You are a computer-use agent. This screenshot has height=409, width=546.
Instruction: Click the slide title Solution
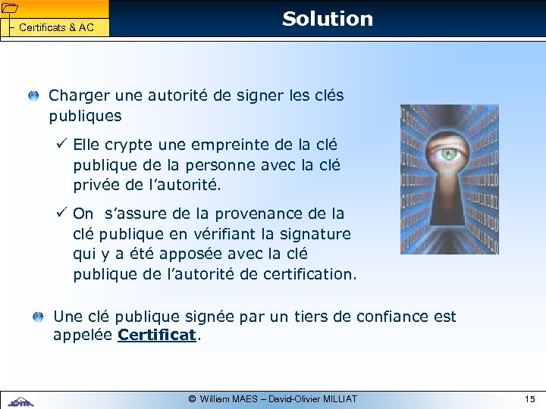coord(328,19)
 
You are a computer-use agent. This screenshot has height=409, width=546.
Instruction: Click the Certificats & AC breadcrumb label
coord(56,28)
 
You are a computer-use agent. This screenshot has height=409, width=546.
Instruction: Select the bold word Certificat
coord(157,335)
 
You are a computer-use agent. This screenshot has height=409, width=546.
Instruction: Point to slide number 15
coord(529,398)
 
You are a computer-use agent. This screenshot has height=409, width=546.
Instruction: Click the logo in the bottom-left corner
coord(20,400)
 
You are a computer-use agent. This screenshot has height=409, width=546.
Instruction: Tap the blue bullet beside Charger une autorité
coord(34,96)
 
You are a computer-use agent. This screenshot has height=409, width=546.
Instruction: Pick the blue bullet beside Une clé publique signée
coord(39,317)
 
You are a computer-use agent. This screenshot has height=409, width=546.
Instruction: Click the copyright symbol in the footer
coord(193,398)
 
